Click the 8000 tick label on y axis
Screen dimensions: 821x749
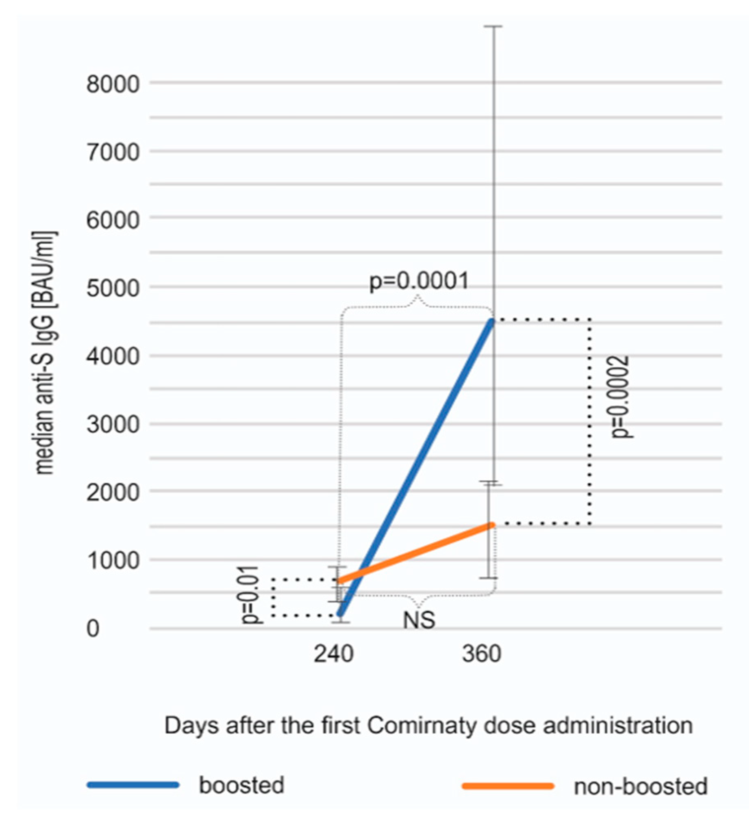[113, 85]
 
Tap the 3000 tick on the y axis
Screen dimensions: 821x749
[113, 425]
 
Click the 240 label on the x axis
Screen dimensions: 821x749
[333, 654]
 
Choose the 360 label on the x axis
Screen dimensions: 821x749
[481, 654]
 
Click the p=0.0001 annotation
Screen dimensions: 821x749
[419, 281]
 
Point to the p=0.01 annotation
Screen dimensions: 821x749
[250, 595]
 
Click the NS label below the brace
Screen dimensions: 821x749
[419, 621]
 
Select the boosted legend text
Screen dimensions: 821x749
[241, 786]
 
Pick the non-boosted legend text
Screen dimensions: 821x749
[640, 786]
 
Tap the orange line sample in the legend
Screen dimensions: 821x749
[508, 786]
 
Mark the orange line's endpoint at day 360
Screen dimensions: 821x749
[492, 525]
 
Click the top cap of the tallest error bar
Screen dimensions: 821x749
[493, 26]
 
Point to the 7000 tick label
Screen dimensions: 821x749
[113, 153]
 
